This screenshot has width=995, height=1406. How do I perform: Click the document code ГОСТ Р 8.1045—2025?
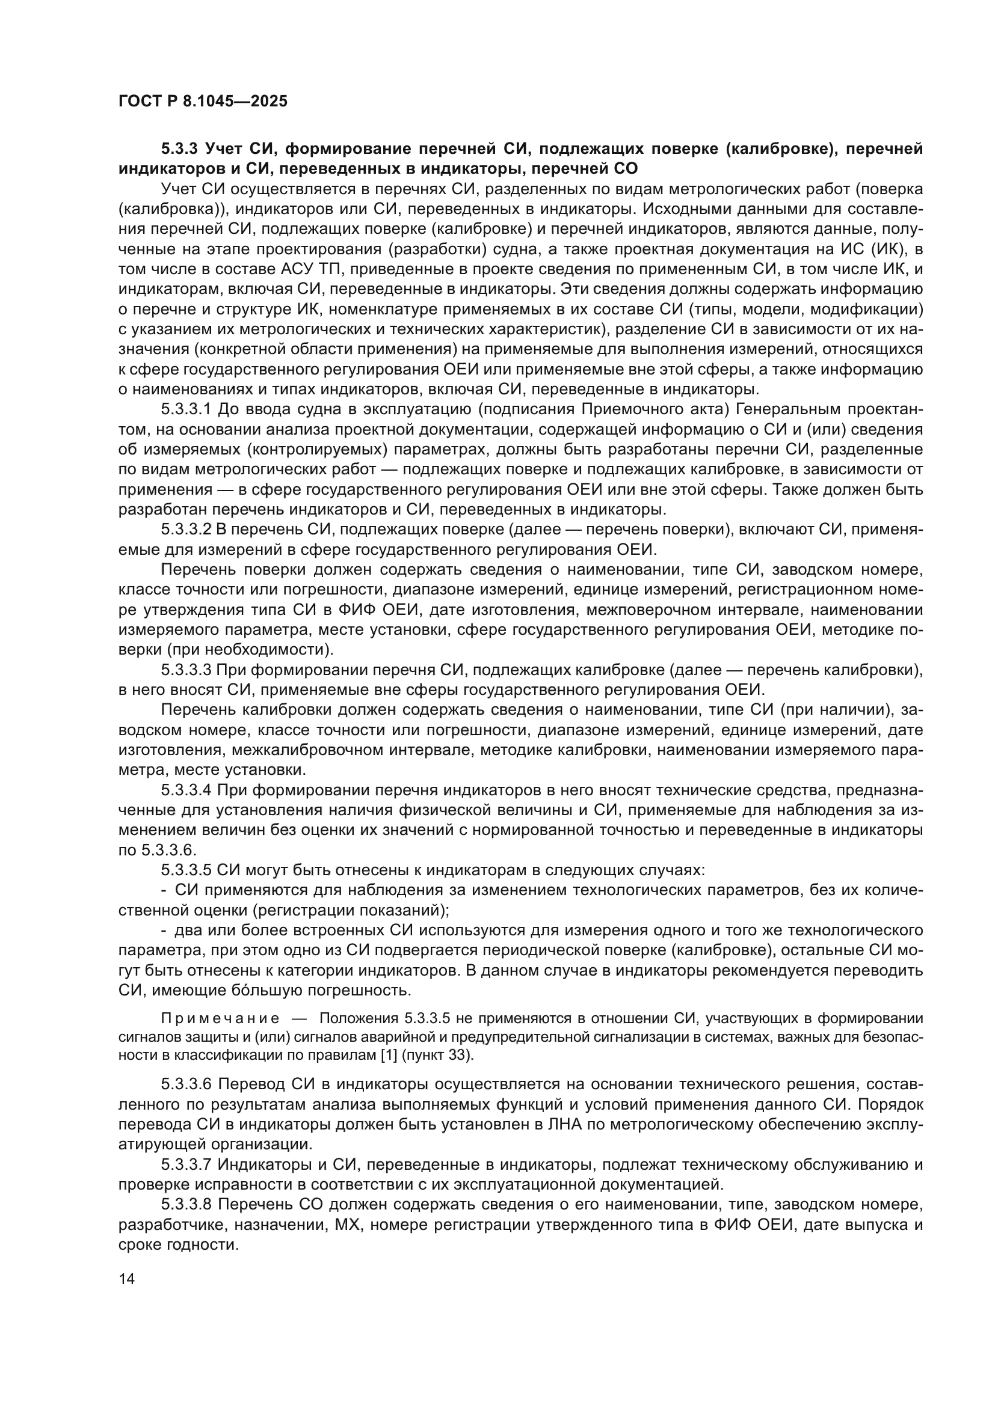pos(202,102)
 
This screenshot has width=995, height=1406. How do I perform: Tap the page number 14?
pos(126,1279)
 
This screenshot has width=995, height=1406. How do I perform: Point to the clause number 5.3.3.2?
pos(186,530)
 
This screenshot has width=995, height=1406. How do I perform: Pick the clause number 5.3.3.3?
pos(186,671)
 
